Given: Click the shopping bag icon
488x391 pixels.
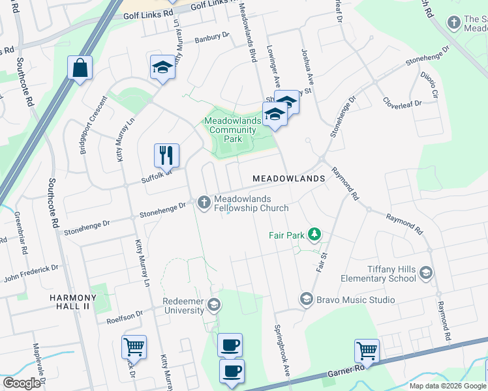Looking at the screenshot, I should pyautogui.click(x=80, y=68).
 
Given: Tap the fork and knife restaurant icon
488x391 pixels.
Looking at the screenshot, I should pyautogui.click(x=166, y=155).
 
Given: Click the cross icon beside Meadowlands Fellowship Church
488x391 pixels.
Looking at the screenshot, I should pyautogui.click(x=204, y=203).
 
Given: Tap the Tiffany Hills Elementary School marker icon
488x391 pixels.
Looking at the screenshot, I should pyautogui.click(x=426, y=272).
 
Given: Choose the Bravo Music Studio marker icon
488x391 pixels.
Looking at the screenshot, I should pyautogui.click(x=305, y=300).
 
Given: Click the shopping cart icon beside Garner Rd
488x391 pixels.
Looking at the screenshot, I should pyautogui.click(x=367, y=351).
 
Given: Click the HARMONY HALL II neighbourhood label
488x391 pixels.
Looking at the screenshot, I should pyautogui.click(x=73, y=298).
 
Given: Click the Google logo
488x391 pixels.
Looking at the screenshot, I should pyautogui.click(x=22, y=383).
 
